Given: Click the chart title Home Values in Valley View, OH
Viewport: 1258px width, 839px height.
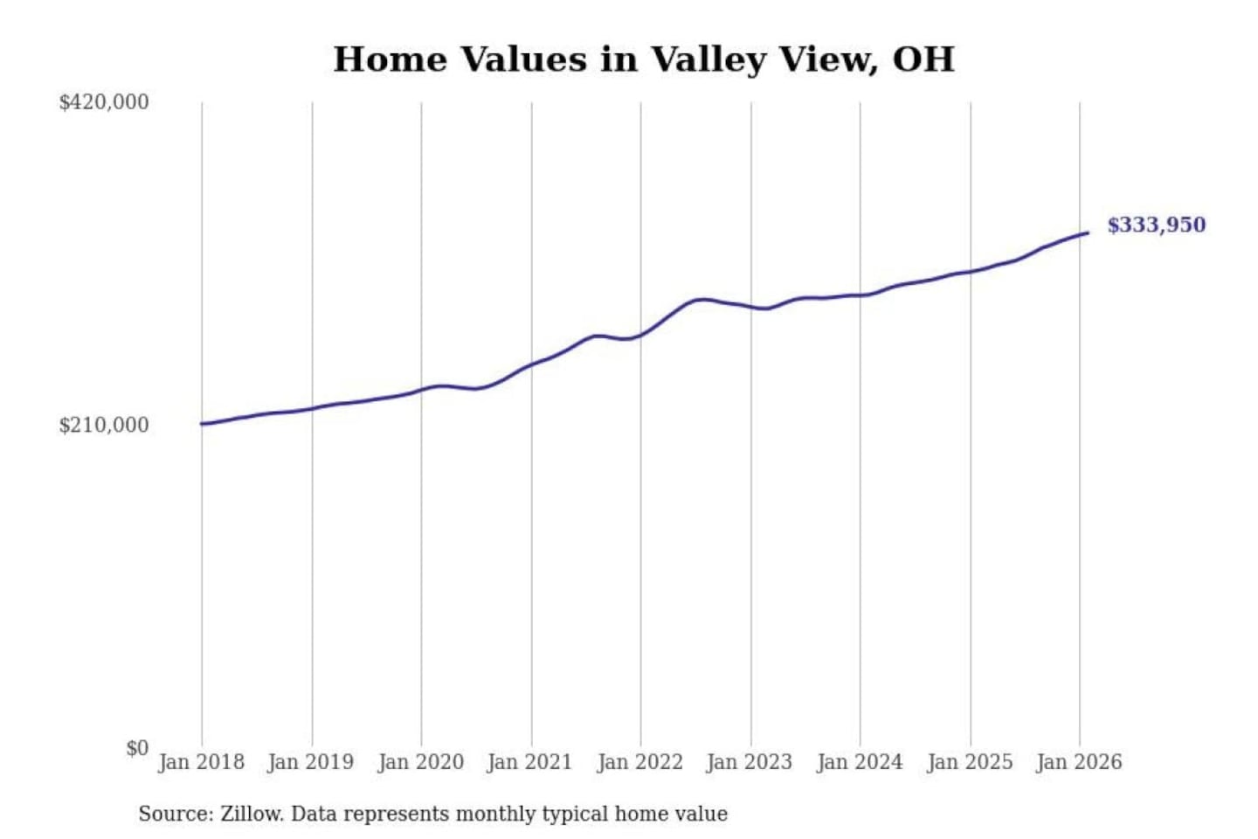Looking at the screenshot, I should (x=644, y=59).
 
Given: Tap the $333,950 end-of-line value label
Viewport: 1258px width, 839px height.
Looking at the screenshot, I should (x=1156, y=225).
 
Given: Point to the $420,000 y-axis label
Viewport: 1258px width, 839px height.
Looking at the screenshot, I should (x=104, y=102).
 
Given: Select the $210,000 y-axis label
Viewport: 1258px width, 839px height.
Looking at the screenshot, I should (x=104, y=426).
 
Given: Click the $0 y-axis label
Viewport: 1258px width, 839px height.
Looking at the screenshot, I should (x=137, y=748).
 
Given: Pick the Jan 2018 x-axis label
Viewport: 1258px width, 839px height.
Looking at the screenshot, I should (x=201, y=762).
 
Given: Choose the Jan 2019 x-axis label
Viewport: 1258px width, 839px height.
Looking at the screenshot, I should (x=310, y=762).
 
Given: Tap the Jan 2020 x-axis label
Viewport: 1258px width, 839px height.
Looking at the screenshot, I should (x=420, y=762).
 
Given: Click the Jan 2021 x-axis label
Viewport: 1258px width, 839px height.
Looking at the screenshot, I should (x=529, y=762).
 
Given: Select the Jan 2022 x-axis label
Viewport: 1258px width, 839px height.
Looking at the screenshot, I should (x=639, y=762).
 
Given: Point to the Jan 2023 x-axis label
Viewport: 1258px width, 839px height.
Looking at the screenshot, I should (x=749, y=762).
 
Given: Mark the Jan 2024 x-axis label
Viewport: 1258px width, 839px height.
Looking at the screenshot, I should (x=859, y=762).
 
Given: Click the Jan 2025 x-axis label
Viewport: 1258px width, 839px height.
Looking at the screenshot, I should (x=969, y=762).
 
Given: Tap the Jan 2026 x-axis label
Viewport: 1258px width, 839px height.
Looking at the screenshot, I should (x=1078, y=762).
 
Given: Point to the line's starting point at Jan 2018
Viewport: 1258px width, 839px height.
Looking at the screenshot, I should (x=202, y=424).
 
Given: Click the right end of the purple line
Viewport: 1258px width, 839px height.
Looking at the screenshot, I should (x=1088, y=232).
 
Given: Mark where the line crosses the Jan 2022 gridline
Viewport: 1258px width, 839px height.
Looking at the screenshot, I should (x=640, y=335).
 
